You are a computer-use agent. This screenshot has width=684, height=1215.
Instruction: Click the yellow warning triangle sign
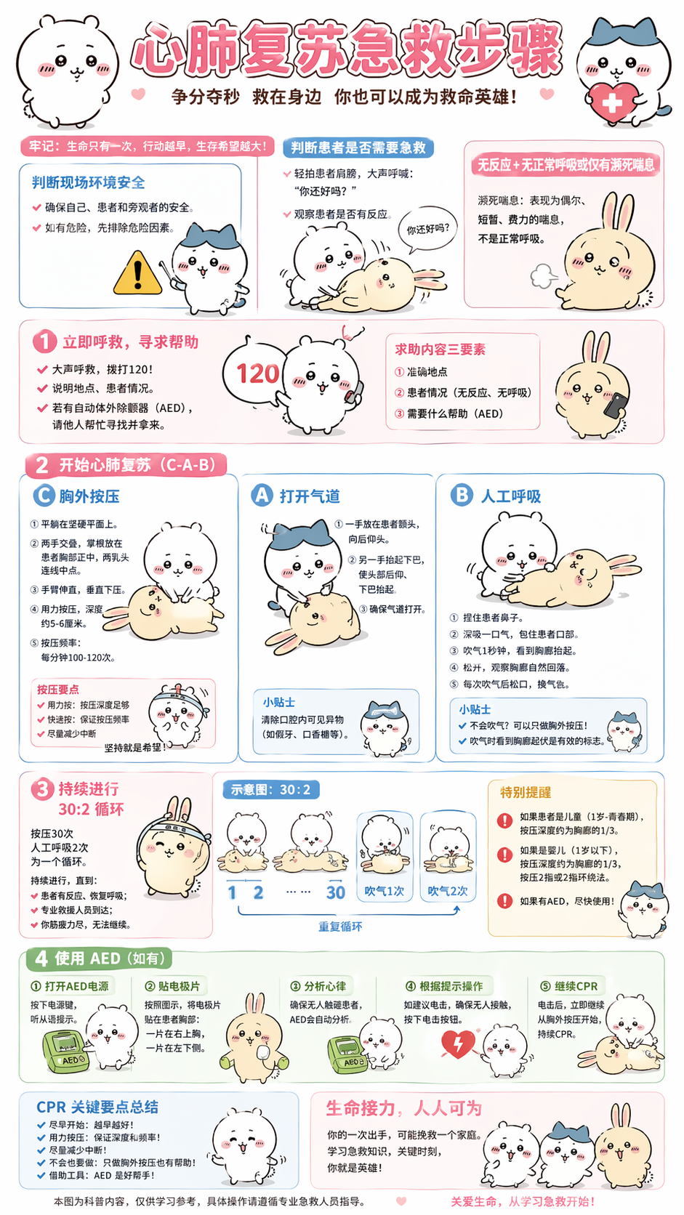137,274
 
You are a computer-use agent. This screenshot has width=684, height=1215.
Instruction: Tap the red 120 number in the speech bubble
257,374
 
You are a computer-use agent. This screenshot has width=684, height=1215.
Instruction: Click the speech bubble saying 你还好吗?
427,230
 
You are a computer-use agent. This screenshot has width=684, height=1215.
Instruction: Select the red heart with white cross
611,102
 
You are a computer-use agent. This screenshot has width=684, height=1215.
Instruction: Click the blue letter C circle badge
44,496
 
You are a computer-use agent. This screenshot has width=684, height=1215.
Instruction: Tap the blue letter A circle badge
262,496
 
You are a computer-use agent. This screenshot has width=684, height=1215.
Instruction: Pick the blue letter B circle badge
462,496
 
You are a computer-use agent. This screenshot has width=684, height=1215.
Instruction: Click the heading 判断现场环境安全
88,182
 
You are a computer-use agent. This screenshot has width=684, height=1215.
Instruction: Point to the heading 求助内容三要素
440,350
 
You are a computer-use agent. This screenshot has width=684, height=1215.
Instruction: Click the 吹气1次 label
384,891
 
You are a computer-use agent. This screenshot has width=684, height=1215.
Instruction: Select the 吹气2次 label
448,891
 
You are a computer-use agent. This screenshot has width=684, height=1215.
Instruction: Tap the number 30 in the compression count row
335,892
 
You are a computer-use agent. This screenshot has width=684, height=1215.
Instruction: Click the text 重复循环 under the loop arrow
340,927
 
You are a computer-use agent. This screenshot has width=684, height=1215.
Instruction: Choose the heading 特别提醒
525,792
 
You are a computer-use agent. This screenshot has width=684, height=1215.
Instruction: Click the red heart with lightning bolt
458,1044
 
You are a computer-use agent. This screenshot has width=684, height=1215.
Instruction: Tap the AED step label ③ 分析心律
318,986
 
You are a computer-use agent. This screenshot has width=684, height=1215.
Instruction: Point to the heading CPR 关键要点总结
97,1107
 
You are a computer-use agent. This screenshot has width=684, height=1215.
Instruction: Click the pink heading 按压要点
58,689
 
